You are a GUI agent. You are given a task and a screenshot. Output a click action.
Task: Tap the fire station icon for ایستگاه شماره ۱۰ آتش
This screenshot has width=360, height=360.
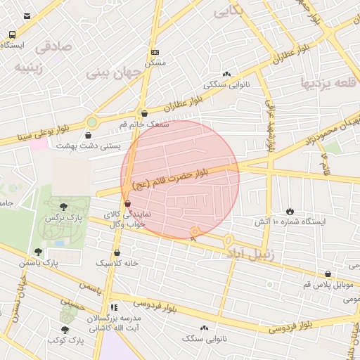[x=290, y=211]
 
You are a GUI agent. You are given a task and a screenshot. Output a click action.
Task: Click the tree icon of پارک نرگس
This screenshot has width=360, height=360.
[x=64, y=207]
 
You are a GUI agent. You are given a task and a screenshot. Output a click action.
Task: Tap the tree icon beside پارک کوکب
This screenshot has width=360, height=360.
[x=65, y=329]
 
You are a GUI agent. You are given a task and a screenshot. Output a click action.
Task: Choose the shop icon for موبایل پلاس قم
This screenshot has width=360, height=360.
[x=328, y=274]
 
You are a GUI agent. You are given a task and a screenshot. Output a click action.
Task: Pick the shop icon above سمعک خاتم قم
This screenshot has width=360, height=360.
[x=144, y=113]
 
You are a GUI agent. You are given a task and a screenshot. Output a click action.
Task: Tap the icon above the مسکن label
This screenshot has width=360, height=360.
[x=155, y=52]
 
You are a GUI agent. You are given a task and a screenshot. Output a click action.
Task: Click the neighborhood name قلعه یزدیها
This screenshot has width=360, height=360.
[x=326, y=82]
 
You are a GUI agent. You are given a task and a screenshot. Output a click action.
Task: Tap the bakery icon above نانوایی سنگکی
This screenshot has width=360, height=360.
[x=226, y=74]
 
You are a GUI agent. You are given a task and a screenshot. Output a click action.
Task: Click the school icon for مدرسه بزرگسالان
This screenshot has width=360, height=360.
[x=114, y=307]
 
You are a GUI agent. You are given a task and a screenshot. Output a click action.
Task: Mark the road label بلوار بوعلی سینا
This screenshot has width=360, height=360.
[x=30, y=136]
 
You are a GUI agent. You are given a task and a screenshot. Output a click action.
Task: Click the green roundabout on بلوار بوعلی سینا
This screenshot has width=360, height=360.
[x=91, y=122]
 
